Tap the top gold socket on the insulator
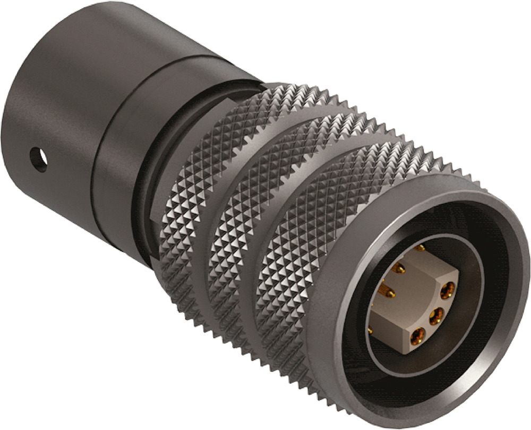448,290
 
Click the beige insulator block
404,314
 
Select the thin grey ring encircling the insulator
372,351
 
